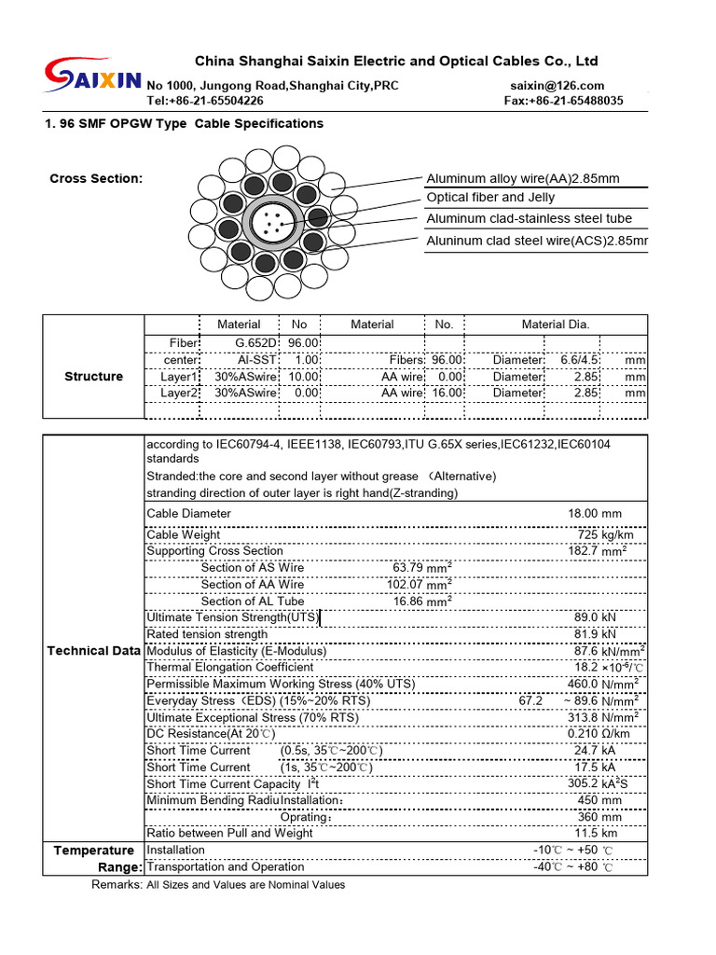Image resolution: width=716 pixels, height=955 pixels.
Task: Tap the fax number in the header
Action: (x=563, y=101)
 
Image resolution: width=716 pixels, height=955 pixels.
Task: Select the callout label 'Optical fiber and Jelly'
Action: (x=490, y=198)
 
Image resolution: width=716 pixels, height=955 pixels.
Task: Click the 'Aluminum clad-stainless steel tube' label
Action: (x=529, y=218)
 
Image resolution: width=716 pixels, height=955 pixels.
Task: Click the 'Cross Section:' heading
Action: (x=96, y=178)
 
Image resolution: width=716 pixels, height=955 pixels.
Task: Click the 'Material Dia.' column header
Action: (x=556, y=325)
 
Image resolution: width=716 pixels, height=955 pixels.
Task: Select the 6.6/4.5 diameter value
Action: (x=579, y=360)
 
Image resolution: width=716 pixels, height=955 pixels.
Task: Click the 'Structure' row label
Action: (x=93, y=377)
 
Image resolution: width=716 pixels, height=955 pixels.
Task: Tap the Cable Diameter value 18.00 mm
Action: (x=594, y=514)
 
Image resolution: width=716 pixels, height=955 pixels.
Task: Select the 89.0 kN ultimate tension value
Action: (x=595, y=617)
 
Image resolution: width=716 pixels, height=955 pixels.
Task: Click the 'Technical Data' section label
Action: (x=94, y=651)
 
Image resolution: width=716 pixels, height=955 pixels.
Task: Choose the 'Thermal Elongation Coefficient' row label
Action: (x=230, y=668)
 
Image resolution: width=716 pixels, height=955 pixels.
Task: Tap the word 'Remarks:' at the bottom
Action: (x=117, y=884)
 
